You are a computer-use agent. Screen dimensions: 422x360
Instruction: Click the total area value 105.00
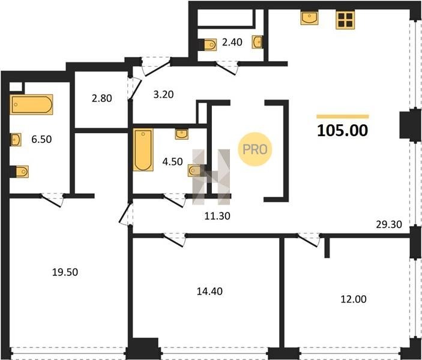click(342, 130)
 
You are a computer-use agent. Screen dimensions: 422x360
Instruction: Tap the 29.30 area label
click(388, 224)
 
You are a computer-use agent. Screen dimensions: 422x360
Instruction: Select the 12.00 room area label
click(354, 299)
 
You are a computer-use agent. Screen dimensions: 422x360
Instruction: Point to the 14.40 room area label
click(209, 292)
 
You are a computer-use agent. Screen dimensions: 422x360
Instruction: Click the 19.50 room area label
click(65, 272)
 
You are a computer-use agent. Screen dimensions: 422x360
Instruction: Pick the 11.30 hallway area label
click(217, 216)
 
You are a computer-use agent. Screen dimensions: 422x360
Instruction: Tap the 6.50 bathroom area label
click(41, 139)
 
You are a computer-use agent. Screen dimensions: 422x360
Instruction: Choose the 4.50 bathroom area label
click(172, 161)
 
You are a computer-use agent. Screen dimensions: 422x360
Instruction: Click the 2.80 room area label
click(101, 98)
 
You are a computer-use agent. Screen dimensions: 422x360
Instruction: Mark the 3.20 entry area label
click(163, 94)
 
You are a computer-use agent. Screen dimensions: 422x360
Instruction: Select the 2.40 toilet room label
click(232, 42)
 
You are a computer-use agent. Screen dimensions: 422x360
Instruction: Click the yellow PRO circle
click(255, 149)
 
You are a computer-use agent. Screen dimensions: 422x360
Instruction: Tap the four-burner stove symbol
click(345, 20)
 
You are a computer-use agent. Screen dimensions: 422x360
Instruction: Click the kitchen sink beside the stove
click(309, 18)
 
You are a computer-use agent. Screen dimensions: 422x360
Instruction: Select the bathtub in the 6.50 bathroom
click(31, 104)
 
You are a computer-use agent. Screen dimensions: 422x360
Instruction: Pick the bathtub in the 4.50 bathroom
click(143, 149)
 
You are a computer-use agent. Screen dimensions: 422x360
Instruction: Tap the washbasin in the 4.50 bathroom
click(182, 134)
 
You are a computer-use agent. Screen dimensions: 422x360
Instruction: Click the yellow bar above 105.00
click(343, 116)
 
